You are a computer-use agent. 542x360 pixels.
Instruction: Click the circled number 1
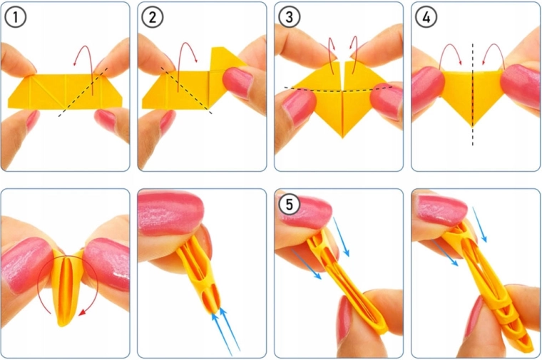(x=16, y=17)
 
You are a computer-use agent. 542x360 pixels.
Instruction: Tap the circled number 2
(x=153, y=17)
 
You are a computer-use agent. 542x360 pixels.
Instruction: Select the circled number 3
(x=289, y=17)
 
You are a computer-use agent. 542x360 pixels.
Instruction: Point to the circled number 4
(x=426, y=17)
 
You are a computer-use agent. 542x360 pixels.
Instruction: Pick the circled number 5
(x=289, y=204)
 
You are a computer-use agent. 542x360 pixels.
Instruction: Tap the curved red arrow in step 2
(x=186, y=43)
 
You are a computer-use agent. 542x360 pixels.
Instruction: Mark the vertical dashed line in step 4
(x=473, y=94)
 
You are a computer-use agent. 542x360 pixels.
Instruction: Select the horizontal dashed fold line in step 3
(x=339, y=90)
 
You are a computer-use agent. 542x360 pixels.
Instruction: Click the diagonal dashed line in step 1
(x=83, y=92)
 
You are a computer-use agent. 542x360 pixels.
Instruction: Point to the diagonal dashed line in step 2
(x=186, y=91)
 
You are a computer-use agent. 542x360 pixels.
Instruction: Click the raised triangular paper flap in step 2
(x=225, y=58)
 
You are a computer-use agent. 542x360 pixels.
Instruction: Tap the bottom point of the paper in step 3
(x=342, y=137)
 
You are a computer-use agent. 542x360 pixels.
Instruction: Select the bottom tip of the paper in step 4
(x=473, y=125)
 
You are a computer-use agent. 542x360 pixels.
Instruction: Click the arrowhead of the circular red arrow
(x=82, y=312)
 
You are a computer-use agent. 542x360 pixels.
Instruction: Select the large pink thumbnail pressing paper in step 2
(x=238, y=82)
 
